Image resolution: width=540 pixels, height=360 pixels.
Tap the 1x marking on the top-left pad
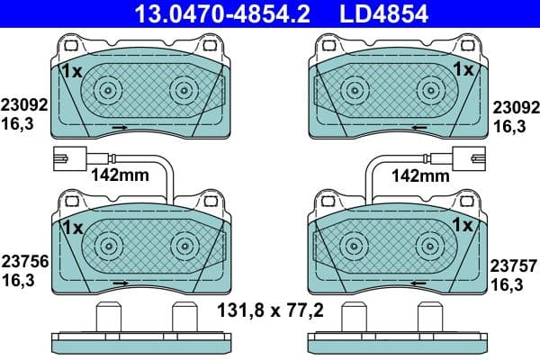[x=71, y=68]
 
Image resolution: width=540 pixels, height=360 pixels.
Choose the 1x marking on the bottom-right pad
[x=463, y=223]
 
